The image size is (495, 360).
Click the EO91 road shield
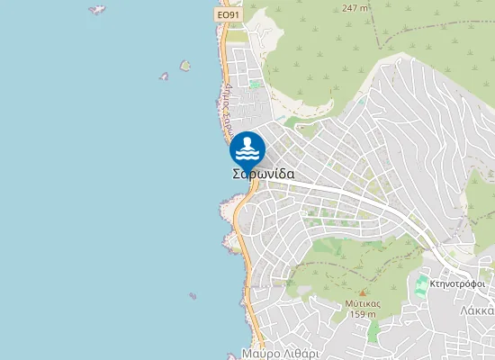229,15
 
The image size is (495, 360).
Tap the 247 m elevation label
355,8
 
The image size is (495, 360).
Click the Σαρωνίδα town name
263,175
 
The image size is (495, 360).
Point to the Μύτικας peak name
362,303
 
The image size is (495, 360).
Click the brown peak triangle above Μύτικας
363,292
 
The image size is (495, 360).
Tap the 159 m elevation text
362,314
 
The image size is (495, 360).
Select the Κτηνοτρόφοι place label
457,283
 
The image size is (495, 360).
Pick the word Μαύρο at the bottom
261,354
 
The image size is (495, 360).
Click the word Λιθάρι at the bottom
301,354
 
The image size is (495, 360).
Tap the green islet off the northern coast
185,66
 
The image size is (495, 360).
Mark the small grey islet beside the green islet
165,76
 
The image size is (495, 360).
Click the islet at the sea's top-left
96,10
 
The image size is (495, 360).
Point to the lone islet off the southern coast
193,295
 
